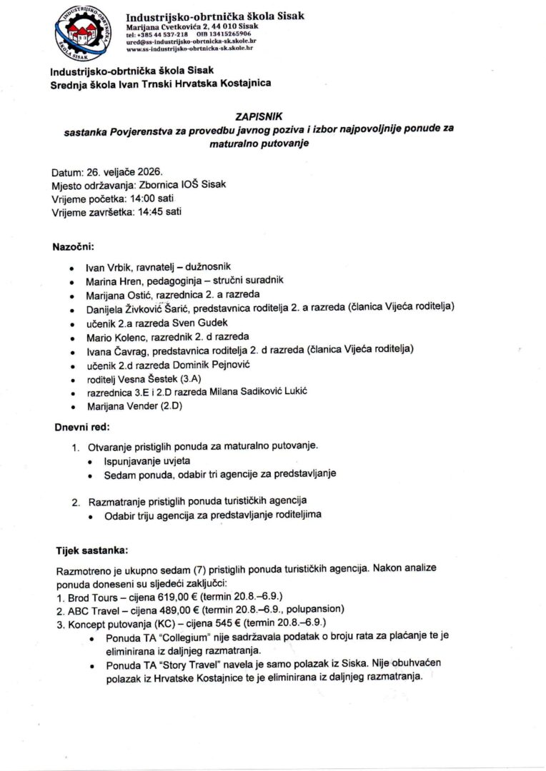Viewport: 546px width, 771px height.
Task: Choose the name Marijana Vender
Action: [117, 406]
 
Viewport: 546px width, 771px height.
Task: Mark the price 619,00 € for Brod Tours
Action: [164, 596]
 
